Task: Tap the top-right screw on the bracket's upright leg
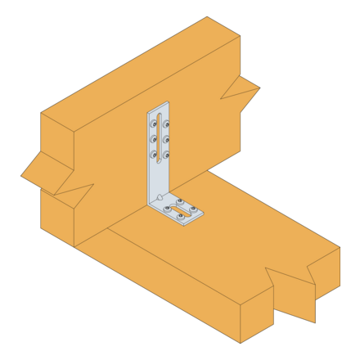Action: (x=166, y=124)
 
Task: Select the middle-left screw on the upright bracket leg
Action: (x=153, y=139)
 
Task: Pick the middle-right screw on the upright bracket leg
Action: (x=166, y=139)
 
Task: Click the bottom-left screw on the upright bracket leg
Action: (x=153, y=154)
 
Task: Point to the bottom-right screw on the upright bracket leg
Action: (x=166, y=154)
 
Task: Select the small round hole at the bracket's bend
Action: (x=160, y=197)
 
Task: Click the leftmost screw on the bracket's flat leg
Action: (x=168, y=209)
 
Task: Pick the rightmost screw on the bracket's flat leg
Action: (x=195, y=209)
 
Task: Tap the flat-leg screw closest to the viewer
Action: (x=181, y=216)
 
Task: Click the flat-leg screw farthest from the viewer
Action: (x=181, y=201)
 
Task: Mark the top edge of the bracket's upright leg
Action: (x=158, y=107)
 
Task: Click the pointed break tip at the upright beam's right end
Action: (x=259, y=88)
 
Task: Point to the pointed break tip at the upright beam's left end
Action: (x=21, y=175)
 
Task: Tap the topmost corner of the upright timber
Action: (x=207, y=17)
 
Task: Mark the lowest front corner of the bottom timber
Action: (x=241, y=343)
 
